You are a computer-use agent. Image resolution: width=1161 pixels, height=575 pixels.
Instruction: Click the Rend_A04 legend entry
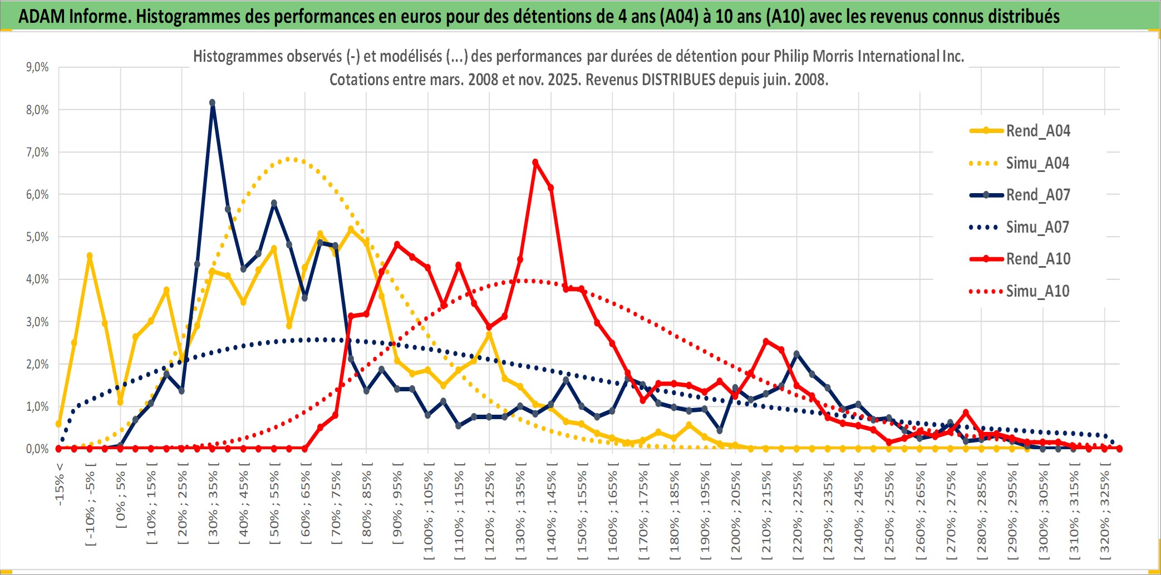coord(1037,131)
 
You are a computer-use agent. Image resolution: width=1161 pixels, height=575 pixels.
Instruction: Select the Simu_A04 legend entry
coord(1037,163)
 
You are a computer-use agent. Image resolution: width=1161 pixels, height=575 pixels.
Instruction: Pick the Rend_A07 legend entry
coord(1037,195)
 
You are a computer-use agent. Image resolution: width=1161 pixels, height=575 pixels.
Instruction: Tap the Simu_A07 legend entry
coord(1037,227)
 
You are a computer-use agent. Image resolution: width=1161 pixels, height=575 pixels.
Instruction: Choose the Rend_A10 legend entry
coord(1037,259)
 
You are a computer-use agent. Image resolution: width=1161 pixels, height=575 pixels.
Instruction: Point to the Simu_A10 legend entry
coord(1037,291)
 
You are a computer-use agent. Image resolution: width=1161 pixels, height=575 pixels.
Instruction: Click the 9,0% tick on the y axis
coord(37,67)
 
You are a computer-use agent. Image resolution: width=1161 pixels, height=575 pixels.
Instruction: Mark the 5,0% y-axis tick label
coord(37,237)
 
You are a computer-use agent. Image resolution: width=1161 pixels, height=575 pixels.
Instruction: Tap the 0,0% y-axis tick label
coord(37,449)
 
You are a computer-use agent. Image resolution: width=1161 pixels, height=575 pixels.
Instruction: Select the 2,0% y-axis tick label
coord(37,364)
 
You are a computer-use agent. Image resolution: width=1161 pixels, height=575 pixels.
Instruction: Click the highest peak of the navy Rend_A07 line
coord(212,103)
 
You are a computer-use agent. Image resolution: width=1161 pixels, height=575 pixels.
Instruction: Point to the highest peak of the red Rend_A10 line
coord(535,163)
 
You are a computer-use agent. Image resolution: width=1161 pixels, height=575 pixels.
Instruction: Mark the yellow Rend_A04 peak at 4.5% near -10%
coord(90,256)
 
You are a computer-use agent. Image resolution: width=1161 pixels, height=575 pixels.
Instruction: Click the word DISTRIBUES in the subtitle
coord(678,80)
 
